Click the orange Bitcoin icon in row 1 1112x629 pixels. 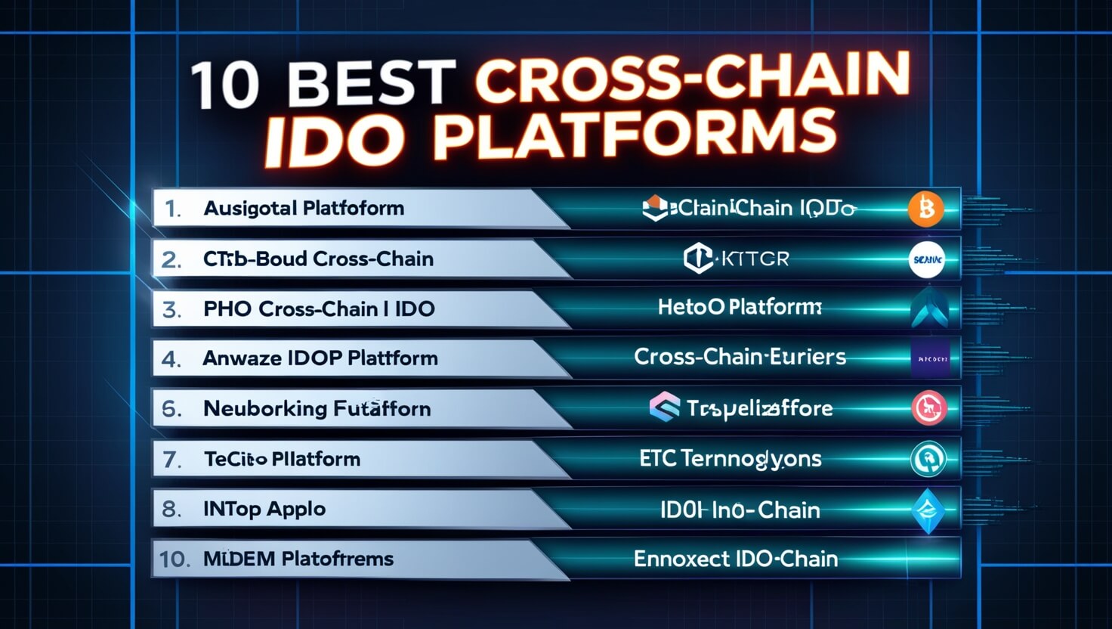[x=926, y=209]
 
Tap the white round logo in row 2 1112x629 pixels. [x=926, y=259]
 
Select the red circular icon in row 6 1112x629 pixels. [x=928, y=408]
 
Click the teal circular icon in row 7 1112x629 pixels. [x=928, y=459]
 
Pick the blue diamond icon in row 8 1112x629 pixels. [x=928, y=511]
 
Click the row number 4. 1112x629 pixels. [x=171, y=358]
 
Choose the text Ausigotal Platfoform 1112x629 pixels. [x=304, y=209]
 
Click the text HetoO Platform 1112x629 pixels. [x=739, y=308]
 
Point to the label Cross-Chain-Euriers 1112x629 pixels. [x=739, y=357]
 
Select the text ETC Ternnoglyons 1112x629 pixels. [x=730, y=459]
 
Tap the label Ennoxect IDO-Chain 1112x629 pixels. [x=735, y=559]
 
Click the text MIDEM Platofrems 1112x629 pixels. [x=298, y=559]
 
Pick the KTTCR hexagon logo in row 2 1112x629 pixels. [x=697, y=259]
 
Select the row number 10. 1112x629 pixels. [x=174, y=559]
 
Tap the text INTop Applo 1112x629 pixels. [x=264, y=510]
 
